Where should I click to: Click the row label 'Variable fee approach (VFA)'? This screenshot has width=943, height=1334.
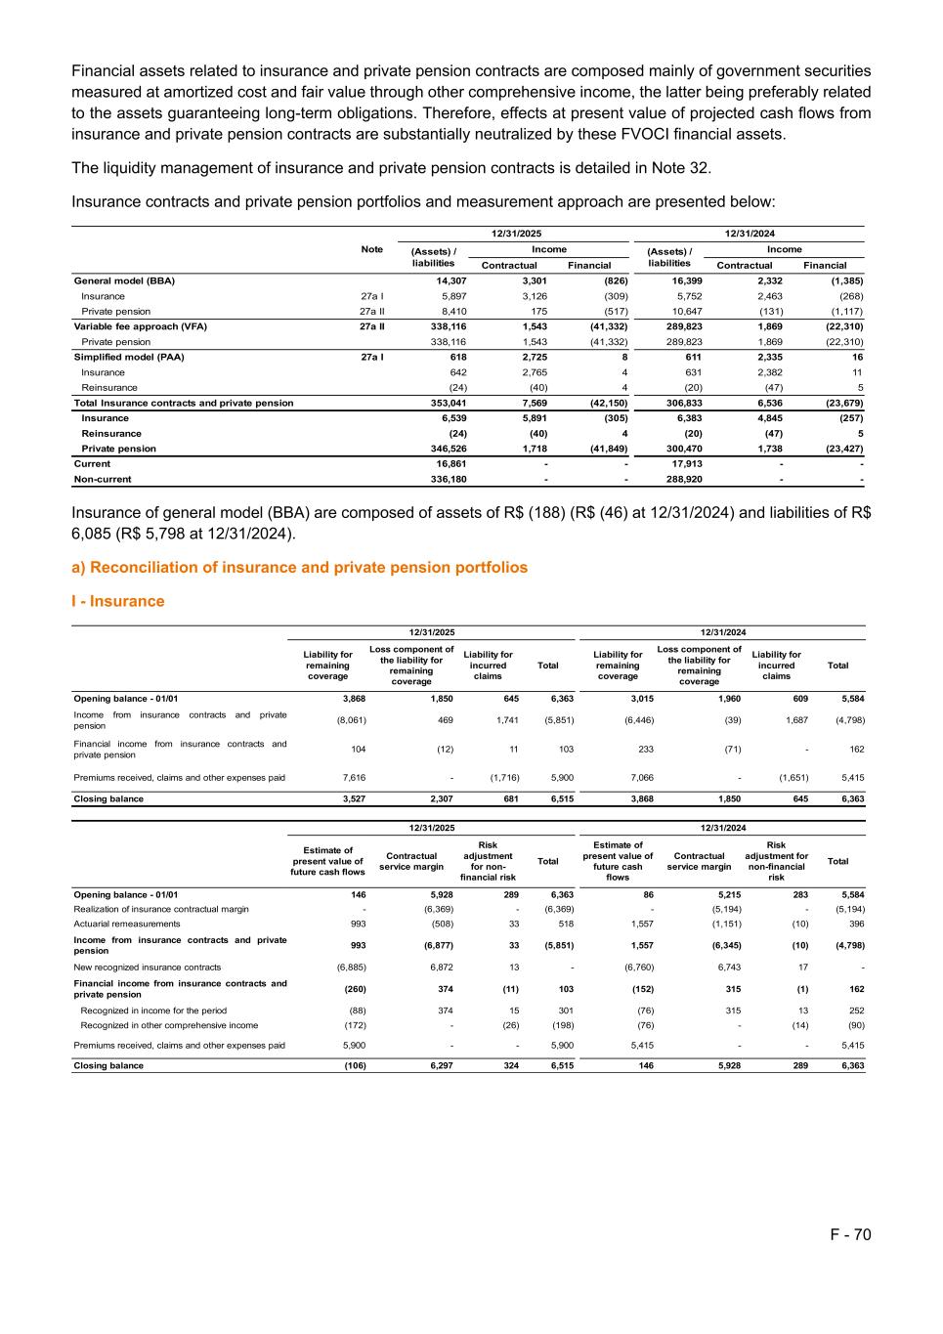pyautogui.click(x=141, y=326)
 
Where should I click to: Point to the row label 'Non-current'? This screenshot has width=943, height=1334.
pyautogui.click(x=103, y=479)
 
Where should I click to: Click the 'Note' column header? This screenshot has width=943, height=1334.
pyautogui.click(x=371, y=249)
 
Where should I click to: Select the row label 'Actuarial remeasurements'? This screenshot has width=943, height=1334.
pyautogui.click(x=127, y=924)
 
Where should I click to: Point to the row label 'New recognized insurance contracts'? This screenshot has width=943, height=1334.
pyautogui.click(x=148, y=967)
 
